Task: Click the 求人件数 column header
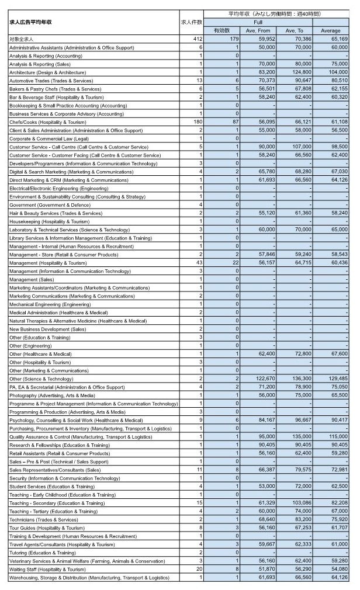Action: pyautogui.click(x=192, y=22)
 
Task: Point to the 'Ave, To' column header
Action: pyautogui.click(x=295, y=30)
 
